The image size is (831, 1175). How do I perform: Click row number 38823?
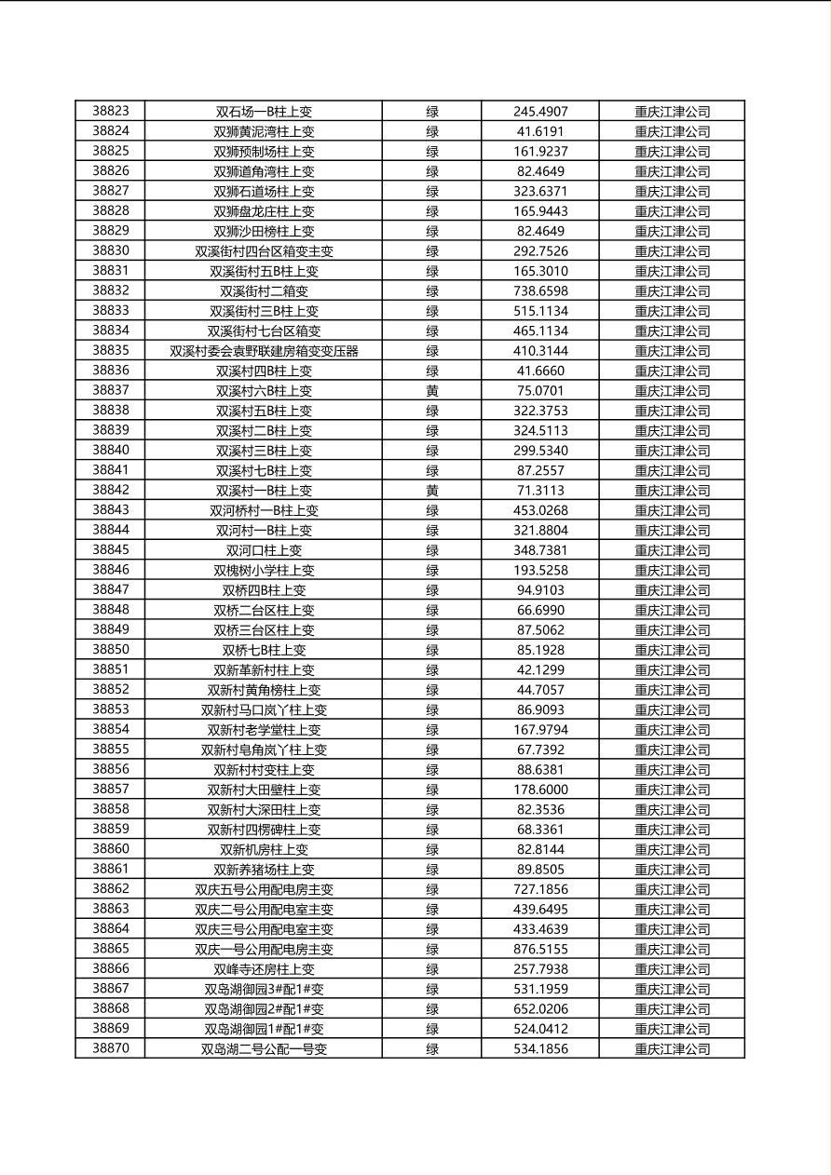point(111,111)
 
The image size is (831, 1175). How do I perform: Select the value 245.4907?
point(540,111)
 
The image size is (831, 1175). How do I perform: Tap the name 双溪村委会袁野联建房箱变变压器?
point(264,351)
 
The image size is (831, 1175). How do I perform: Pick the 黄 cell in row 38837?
point(432,391)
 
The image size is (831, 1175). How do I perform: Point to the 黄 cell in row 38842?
point(432,491)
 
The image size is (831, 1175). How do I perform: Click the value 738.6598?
point(540,290)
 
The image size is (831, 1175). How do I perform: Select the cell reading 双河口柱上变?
point(264,550)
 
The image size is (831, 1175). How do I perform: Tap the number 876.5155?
point(540,949)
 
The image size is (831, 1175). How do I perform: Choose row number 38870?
point(111,1048)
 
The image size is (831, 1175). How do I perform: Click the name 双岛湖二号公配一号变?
point(264,1048)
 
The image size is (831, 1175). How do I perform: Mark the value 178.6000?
point(540,790)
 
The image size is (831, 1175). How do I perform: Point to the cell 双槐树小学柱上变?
point(264,570)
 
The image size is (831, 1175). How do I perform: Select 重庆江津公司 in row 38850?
point(672,650)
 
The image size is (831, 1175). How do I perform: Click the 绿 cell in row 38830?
point(432,250)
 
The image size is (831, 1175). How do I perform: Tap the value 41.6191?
point(540,131)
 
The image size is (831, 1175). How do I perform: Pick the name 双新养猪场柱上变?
point(264,870)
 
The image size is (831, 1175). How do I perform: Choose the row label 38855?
point(111,750)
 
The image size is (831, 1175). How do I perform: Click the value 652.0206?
point(540,1008)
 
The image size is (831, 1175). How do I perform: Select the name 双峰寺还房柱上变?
point(264,969)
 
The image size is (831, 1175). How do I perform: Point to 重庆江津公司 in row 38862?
point(672,889)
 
